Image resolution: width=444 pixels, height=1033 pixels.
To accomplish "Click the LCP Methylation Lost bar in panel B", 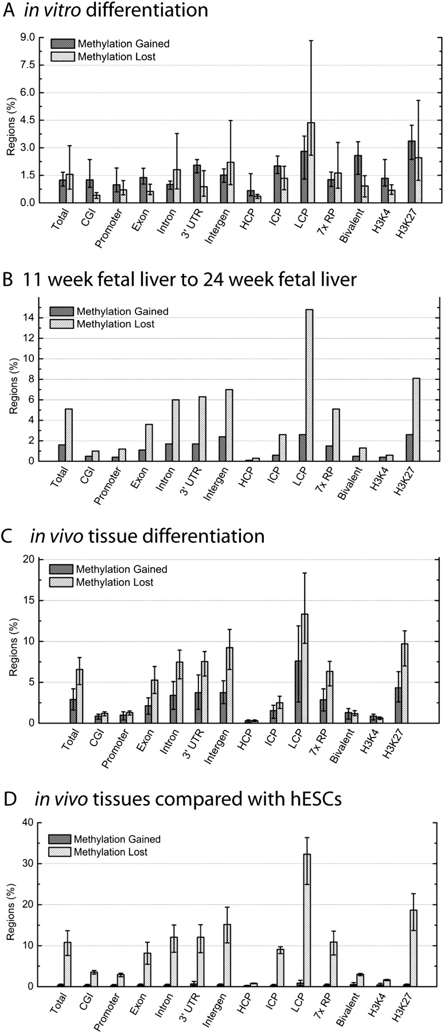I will [309, 385].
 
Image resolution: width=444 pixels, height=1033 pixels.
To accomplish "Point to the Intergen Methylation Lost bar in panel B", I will [229, 425].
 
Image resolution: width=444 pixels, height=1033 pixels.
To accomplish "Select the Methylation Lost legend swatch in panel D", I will [59, 852].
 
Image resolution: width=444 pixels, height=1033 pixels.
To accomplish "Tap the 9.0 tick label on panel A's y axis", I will [27, 38].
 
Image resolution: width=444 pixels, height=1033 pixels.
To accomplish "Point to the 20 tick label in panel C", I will [29, 559].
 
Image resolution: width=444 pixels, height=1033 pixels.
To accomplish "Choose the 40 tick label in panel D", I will [29, 822].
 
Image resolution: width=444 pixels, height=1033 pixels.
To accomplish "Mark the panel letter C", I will [8, 536].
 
